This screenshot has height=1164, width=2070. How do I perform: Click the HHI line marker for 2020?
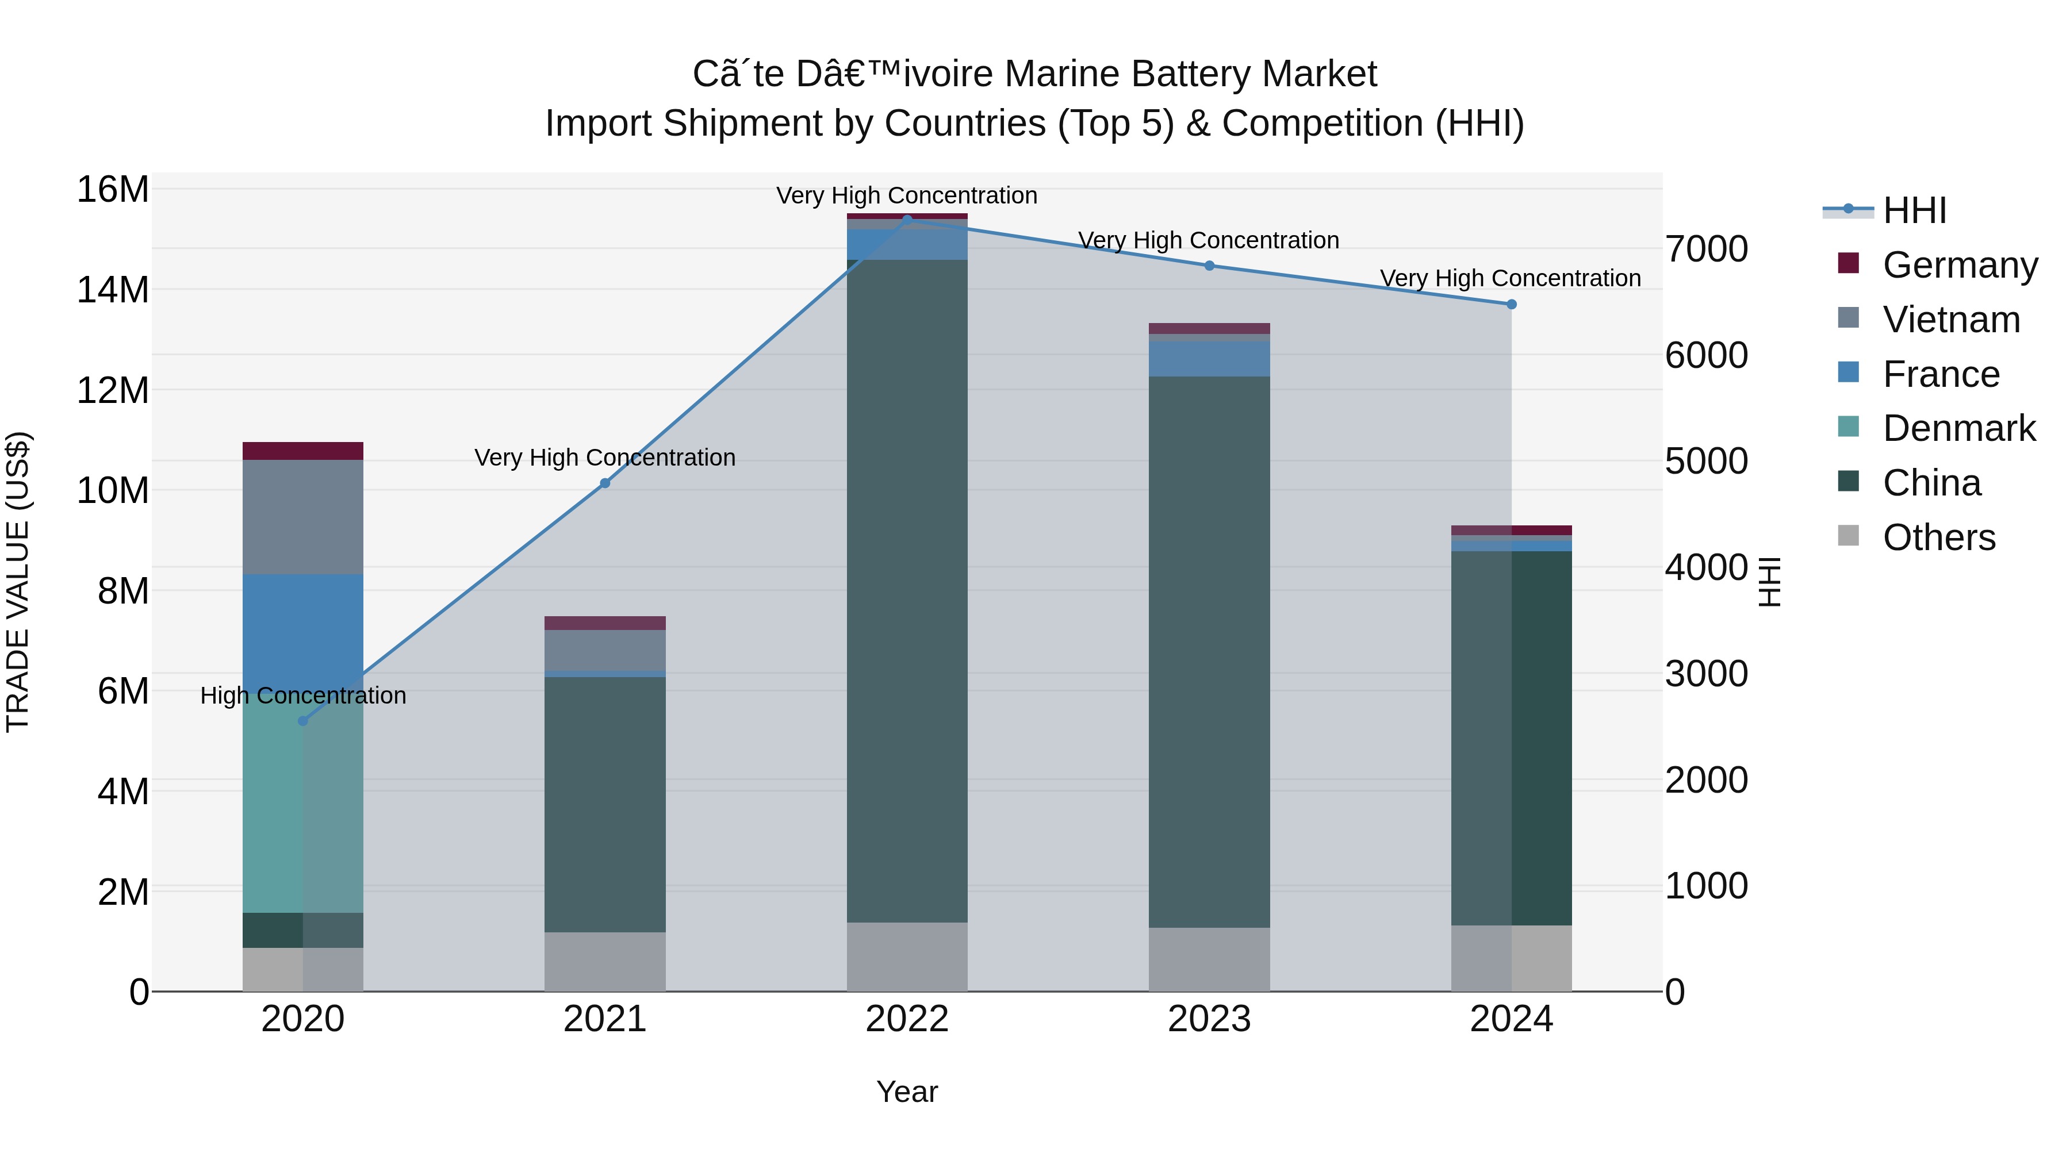(303, 721)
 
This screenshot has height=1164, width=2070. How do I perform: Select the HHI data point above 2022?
(907, 220)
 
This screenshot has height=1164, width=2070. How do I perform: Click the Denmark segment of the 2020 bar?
(303, 804)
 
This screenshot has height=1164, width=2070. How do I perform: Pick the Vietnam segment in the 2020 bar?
(303, 517)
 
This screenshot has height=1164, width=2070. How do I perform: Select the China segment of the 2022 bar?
(907, 590)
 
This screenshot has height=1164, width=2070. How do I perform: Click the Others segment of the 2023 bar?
(1209, 959)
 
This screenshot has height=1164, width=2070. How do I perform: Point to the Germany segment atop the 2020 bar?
(303, 451)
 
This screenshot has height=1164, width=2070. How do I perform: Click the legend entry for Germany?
(1959, 265)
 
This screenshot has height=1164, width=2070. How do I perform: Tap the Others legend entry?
(1938, 537)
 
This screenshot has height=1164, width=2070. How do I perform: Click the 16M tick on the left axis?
(113, 190)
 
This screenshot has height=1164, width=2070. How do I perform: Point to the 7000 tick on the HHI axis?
(1706, 249)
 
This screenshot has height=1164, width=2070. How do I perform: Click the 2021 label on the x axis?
(604, 1019)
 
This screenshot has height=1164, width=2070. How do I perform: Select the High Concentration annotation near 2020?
(303, 695)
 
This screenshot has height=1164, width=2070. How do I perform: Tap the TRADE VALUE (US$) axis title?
(18, 582)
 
